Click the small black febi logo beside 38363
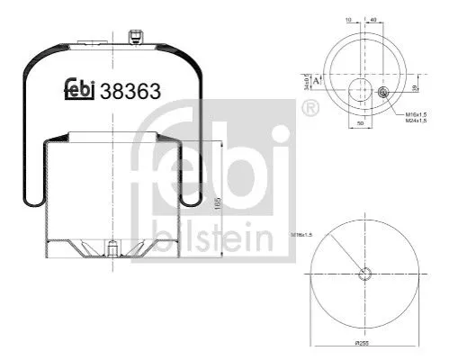(81, 88)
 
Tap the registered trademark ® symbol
(310, 109)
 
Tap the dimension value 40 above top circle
(372, 17)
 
